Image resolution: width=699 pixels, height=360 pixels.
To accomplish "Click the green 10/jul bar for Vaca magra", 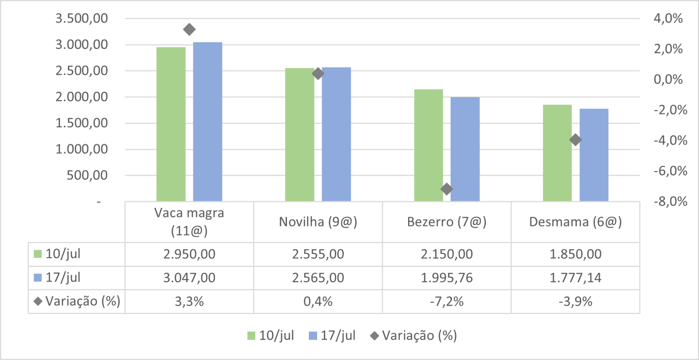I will click(x=171, y=124).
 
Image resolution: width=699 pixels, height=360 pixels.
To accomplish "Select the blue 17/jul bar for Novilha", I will click(x=336, y=134).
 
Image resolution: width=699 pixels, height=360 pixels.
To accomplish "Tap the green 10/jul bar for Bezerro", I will click(x=428, y=145).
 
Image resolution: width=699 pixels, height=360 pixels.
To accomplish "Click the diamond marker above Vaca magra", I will click(x=189, y=30).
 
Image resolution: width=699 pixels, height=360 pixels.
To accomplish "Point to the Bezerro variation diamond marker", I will click(x=447, y=189).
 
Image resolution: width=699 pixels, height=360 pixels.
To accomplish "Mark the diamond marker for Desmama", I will click(x=576, y=140).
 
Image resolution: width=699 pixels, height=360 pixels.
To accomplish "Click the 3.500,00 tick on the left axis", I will click(x=82, y=18).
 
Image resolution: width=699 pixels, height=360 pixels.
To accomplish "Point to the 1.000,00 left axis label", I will click(x=82, y=149).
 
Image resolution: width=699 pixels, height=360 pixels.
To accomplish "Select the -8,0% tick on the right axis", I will click(x=670, y=201).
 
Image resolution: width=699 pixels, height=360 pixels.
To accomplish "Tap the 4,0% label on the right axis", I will click(x=668, y=18).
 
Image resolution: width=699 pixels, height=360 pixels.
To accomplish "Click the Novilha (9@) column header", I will click(x=318, y=222).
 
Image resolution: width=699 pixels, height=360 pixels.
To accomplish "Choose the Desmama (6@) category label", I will click(x=576, y=222).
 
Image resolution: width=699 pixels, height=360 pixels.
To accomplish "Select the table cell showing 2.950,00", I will click(x=189, y=254).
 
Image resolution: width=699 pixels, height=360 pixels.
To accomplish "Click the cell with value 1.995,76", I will click(x=447, y=278).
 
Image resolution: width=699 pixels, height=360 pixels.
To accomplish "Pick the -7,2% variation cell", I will click(x=447, y=301).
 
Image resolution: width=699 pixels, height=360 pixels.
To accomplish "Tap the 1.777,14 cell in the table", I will click(x=576, y=278).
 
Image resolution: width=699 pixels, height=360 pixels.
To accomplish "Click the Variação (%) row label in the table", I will click(x=82, y=301).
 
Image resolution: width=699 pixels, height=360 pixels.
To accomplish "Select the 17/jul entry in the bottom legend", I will click(x=337, y=336).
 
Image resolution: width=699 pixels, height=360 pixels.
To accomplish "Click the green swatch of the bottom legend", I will click(x=251, y=336).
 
